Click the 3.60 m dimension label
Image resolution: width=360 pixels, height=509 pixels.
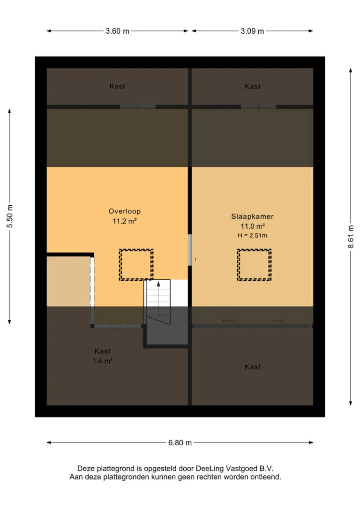click(118, 31)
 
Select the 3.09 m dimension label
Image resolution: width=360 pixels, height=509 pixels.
click(252, 31)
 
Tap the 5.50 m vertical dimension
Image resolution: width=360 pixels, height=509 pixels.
click(10, 216)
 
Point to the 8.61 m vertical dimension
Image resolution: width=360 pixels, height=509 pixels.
click(351, 237)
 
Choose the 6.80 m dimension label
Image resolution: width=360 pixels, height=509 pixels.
click(180, 443)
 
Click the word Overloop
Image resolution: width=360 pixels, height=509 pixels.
click(125, 211)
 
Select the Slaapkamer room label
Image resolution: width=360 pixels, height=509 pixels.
click(252, 217)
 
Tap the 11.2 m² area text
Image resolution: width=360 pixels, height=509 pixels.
click(125, 221)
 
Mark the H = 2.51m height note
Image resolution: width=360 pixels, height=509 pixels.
click(252, 236)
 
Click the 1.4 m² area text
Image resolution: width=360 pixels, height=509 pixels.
click(103, 361)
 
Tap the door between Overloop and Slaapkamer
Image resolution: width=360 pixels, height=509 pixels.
click(190, 250)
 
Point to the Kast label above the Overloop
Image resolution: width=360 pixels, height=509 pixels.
click(117, 86)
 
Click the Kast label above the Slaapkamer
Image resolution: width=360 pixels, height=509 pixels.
click(252, 87)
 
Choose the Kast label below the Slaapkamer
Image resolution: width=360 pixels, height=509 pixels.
click(252, 367)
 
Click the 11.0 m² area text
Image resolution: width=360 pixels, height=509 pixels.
click(252, 226)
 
